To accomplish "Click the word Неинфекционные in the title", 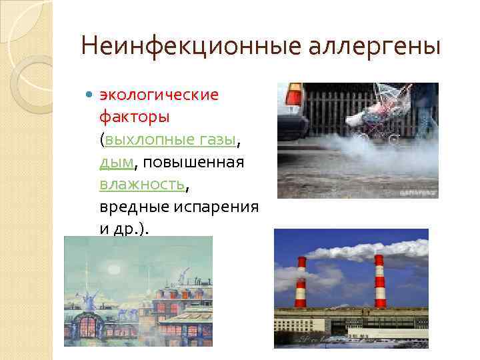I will tap(174, 47).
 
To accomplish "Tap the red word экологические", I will tap(159, 95).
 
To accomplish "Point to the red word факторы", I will tap(134, 117).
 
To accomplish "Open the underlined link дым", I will tap(117, 162).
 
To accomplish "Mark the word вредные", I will tap(134, 207).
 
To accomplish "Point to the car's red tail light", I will tap(294, 97).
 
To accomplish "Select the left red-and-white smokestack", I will tap(301, 281).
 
